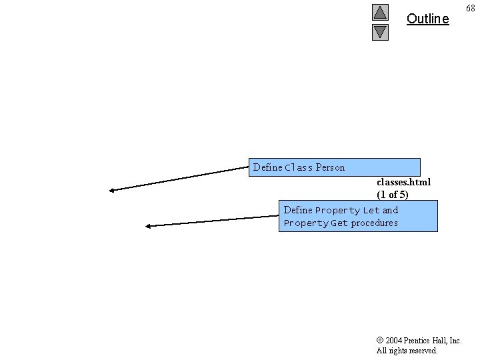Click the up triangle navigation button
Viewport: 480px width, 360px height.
click(380, 12)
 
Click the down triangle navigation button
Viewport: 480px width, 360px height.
click(380, 31)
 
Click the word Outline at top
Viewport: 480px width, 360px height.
click(427, 19)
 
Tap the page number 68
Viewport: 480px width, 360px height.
click(470, 8)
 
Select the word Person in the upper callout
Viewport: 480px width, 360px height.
click(330, 167)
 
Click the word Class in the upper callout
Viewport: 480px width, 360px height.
click(299, 167)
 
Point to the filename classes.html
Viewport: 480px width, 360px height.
click(403, 181)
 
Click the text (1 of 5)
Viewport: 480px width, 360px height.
click(393, 195)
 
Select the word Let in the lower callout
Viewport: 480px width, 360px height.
click(371, 210)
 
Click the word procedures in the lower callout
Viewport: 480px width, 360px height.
click(374, 223)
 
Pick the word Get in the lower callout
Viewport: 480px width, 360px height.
click(339, 223)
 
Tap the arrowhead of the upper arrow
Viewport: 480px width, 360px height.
click(113, 191)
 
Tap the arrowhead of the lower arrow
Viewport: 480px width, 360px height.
click(149, 226)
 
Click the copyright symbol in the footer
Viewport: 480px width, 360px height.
click(379, 341)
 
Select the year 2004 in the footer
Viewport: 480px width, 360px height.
click(394, 341)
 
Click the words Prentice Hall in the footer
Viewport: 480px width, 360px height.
click(426, 341)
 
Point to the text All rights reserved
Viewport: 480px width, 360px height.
click(407, 351)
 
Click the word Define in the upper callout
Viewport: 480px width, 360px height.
click(267, 167)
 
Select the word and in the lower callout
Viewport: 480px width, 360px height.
click(390, 210)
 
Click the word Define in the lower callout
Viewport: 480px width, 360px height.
click(298, 210)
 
